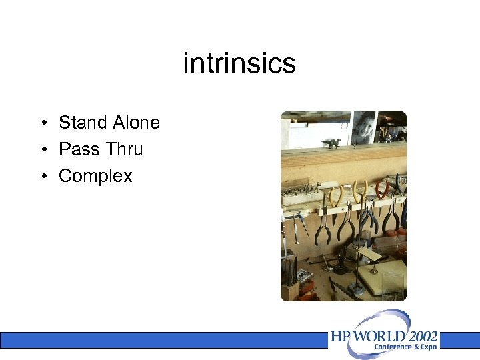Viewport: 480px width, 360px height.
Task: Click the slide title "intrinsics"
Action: tap(239, 64)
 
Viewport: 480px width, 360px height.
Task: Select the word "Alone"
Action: tap(136, 123)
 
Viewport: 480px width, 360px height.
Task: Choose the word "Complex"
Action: tap(95, 176)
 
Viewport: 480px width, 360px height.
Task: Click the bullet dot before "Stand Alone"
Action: tap(42, 123)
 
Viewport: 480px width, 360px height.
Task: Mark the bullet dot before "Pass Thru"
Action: tap(42, 150)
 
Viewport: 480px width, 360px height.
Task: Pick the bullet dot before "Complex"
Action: tap(42, 177)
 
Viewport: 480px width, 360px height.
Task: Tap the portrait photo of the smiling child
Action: tap(364, 128)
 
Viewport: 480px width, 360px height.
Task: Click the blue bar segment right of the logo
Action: tap(459, 340)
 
